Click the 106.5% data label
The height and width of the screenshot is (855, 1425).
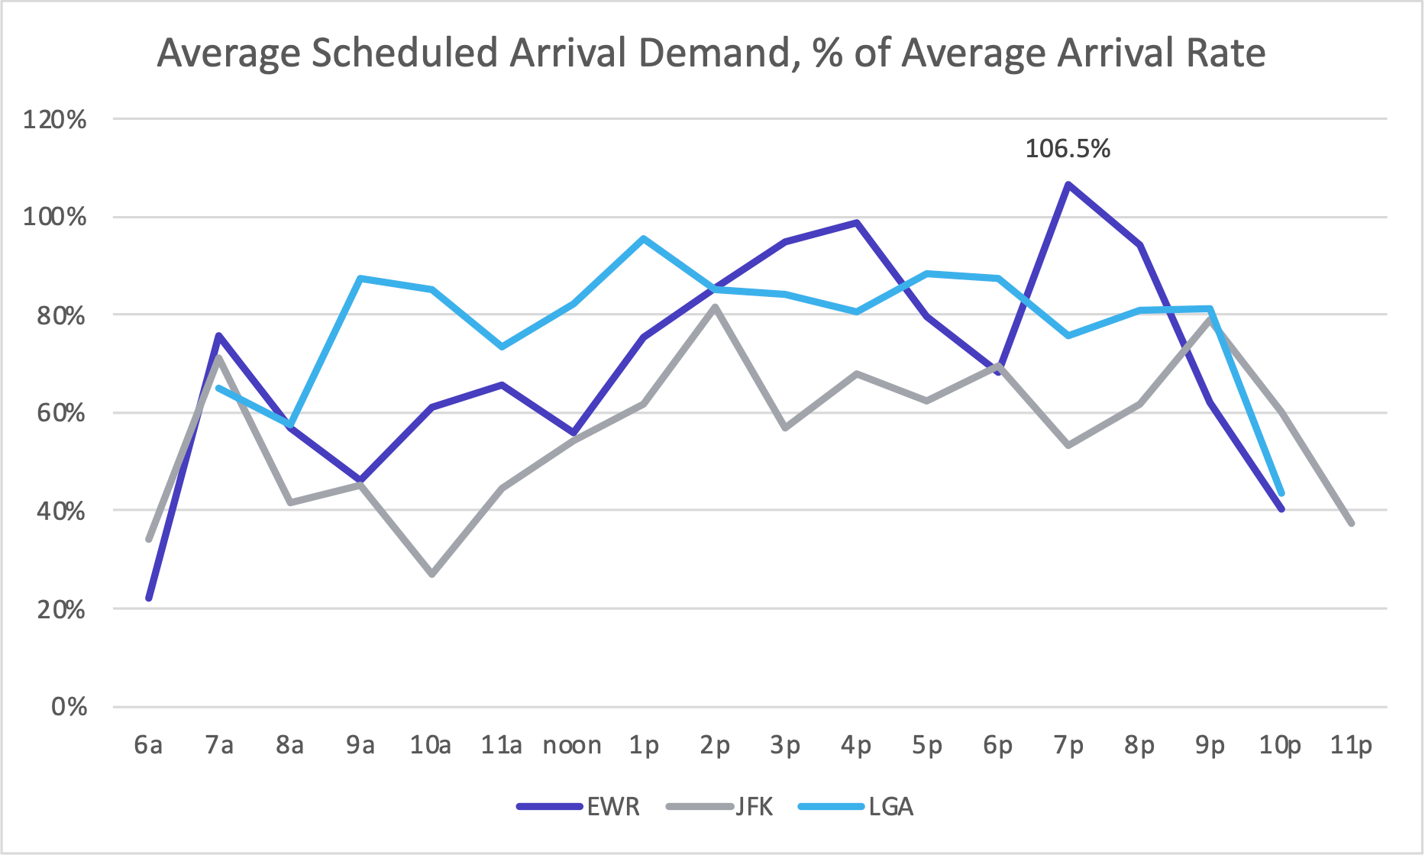pyautogui.click(x=1067, y=149)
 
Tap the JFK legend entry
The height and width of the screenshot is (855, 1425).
pyautogui.click(x=754, y=807)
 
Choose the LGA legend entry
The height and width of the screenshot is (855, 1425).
pyautogui.click(x=890, y=807)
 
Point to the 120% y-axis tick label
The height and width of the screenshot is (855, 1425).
pyautogui.click(x=55, y=120)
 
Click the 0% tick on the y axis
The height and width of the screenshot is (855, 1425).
pyautogui.click(x=69, y=707)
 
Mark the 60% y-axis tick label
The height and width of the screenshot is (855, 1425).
pyautogui.click(x=61, y=413)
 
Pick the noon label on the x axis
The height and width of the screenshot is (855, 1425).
pyautogui.click(x=572, y=745)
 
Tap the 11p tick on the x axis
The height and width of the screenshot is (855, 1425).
pyautogui.click(x=1351, y=745)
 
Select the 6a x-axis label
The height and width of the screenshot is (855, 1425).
pyautogui.click(x=148, y=745)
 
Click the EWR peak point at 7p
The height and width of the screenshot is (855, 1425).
pyautogui.click(x=1068, y=184)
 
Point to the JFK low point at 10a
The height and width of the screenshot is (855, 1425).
pyautogui.click(x=432, y=574)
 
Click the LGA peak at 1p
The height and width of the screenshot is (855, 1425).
pyautogui.click(x=644, y=238)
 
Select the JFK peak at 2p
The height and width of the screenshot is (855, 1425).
pyautogui.click(x=715, y=307)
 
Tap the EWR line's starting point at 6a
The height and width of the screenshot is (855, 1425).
pyautogui.click(x=149, y=598)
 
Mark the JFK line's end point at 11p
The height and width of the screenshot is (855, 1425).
pyautogui.click(x=1352, y=524)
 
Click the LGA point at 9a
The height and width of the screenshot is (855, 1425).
pyautogui.click(x=360, y=279)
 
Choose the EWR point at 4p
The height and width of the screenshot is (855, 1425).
pyautogui.click(x=857, y=223)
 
